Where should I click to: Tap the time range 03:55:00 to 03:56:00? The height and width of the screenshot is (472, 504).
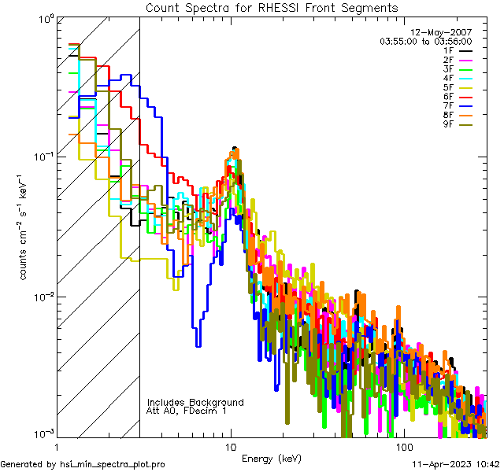[425, 41]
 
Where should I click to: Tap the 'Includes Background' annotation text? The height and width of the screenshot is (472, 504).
[195, 402]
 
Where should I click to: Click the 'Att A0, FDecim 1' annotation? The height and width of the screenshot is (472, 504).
[187, 411]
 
